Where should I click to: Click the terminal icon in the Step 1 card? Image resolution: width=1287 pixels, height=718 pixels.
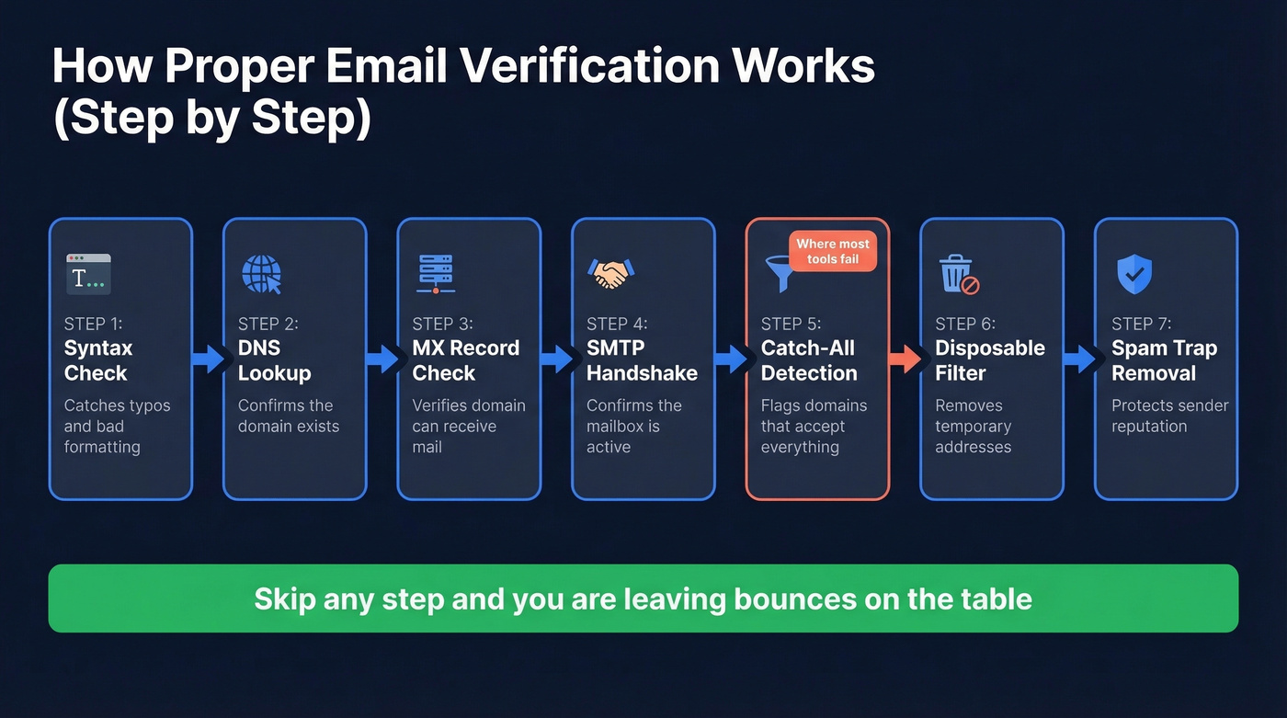(88, 274)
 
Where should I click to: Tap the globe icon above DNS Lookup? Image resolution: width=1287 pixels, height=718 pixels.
(261, 274)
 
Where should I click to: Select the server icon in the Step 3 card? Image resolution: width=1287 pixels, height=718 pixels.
(436, 273)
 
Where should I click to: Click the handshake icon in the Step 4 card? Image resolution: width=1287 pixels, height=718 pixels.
(609, 273)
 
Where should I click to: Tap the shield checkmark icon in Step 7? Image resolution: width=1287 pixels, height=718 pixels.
(1133, 274)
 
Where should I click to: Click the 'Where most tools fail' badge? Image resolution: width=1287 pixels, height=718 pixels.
(833, 251)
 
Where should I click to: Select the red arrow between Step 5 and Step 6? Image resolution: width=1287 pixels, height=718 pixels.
(905, 359)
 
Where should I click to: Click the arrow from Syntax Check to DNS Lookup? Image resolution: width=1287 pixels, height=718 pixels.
(209, 359)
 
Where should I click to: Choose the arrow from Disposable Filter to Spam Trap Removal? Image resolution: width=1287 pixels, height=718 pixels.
(1080, 359)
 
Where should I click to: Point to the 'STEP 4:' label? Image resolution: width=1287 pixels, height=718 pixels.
(617, 324)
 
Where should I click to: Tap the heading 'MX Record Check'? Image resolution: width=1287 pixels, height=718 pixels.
(465, 360)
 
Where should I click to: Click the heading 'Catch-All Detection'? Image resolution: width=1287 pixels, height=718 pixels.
(809, 360)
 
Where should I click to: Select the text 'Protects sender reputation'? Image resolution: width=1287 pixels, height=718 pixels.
(1169, 416)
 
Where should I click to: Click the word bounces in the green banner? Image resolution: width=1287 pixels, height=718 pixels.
(783, 599)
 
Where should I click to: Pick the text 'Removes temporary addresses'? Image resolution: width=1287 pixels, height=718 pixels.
(973, 426)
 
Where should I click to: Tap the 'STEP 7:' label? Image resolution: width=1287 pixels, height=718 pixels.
(1142, 324)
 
